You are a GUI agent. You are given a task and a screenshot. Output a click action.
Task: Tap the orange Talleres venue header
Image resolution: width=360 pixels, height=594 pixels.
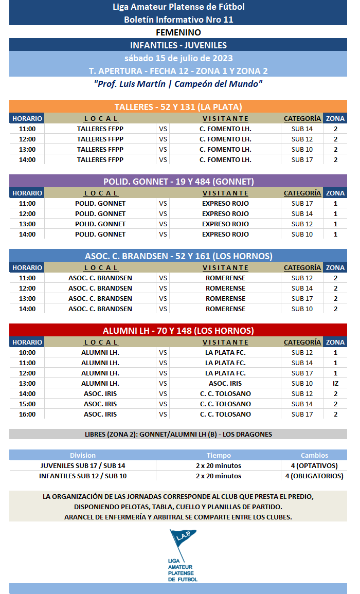(x=178, y=107)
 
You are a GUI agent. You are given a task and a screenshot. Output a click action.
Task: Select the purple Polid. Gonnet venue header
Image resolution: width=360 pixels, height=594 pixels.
(x=178, y=182)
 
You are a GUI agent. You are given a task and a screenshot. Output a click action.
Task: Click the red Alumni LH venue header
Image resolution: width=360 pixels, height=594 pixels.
(x=178, y=331)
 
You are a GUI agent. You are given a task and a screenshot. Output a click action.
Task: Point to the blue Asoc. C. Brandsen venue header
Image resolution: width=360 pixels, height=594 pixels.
(x=178, y=256)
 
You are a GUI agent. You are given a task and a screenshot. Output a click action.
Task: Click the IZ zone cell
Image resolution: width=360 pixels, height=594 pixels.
(x=335, y=383)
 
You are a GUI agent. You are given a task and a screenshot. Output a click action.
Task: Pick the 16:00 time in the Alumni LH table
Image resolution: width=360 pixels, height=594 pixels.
(x=27, y=414)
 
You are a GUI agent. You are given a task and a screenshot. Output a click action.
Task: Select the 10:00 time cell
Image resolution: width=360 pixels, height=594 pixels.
(x=27, y=352)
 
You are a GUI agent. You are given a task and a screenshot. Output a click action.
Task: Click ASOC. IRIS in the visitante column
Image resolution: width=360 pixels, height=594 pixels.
(x=225, y=383)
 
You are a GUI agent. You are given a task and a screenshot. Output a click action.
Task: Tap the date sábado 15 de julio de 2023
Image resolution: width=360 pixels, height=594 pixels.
(x=178, y=58)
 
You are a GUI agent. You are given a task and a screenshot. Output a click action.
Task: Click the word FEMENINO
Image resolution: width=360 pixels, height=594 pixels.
(x=178, y=32)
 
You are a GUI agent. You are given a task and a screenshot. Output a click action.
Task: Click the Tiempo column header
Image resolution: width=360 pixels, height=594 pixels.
(x=219, y=455)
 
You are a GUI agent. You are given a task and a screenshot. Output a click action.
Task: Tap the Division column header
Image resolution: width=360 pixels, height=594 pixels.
(x=83, y=455)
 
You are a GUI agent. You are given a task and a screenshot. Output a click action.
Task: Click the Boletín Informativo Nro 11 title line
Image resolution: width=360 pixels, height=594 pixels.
(x=178, y=20)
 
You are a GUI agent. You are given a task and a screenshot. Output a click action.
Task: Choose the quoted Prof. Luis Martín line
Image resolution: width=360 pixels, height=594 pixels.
(x=178, y=84)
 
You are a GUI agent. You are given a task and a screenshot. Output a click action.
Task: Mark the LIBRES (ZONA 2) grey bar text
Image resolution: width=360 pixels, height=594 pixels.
(x=178, y=434)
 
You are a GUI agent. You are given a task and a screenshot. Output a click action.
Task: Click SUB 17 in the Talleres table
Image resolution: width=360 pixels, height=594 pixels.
(x=302, y=159)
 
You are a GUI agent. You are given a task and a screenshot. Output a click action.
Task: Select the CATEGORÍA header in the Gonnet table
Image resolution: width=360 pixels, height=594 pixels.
(x=302, y=193)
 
